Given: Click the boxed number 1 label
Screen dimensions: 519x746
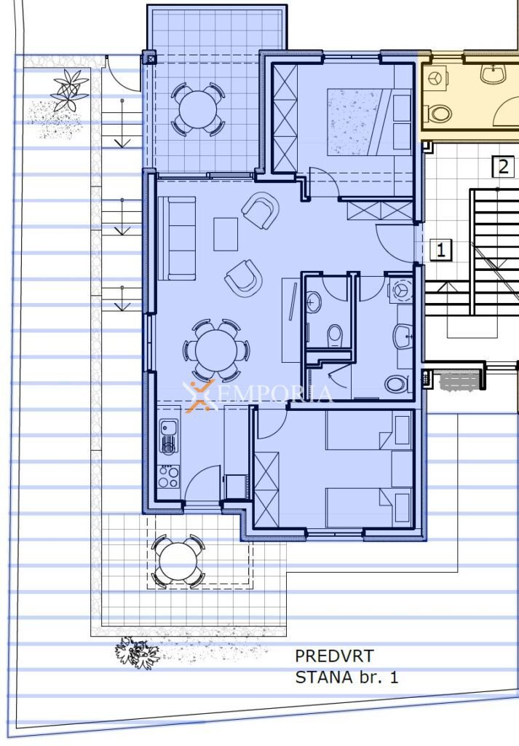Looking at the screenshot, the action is coord(440,249).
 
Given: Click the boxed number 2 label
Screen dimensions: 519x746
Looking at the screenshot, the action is coord(503,167).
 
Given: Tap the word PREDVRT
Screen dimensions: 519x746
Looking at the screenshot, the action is coord(334,656).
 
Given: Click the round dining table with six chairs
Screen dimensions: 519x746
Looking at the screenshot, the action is coord(217,350).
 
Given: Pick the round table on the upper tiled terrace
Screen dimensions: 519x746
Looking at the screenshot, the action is coord(198,109).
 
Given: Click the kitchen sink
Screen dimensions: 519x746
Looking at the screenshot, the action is coord(168,436).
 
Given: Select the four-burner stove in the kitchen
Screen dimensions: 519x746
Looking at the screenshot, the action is coord(169,476).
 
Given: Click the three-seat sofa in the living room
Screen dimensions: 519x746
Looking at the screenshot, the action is coord(177,238).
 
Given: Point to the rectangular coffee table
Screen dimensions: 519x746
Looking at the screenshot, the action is coord(226,234).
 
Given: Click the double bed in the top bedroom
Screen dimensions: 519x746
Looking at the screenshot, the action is coord(369,122).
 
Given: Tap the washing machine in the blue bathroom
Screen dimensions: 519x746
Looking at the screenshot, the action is coord(400,290).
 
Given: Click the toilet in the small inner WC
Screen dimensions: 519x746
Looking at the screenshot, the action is coord(335,335).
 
